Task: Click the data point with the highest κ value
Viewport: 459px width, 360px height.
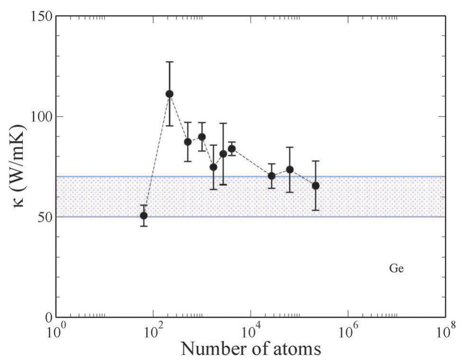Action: coord(169,94)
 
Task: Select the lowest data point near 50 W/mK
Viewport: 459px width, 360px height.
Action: coord(144,216)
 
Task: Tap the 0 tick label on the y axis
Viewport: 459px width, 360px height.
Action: coord(47,317)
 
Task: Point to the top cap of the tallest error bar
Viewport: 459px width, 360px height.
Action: coord(169,62)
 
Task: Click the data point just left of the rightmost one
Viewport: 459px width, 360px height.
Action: coord(290,170)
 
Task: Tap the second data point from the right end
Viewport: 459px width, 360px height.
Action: coord(290,170)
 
